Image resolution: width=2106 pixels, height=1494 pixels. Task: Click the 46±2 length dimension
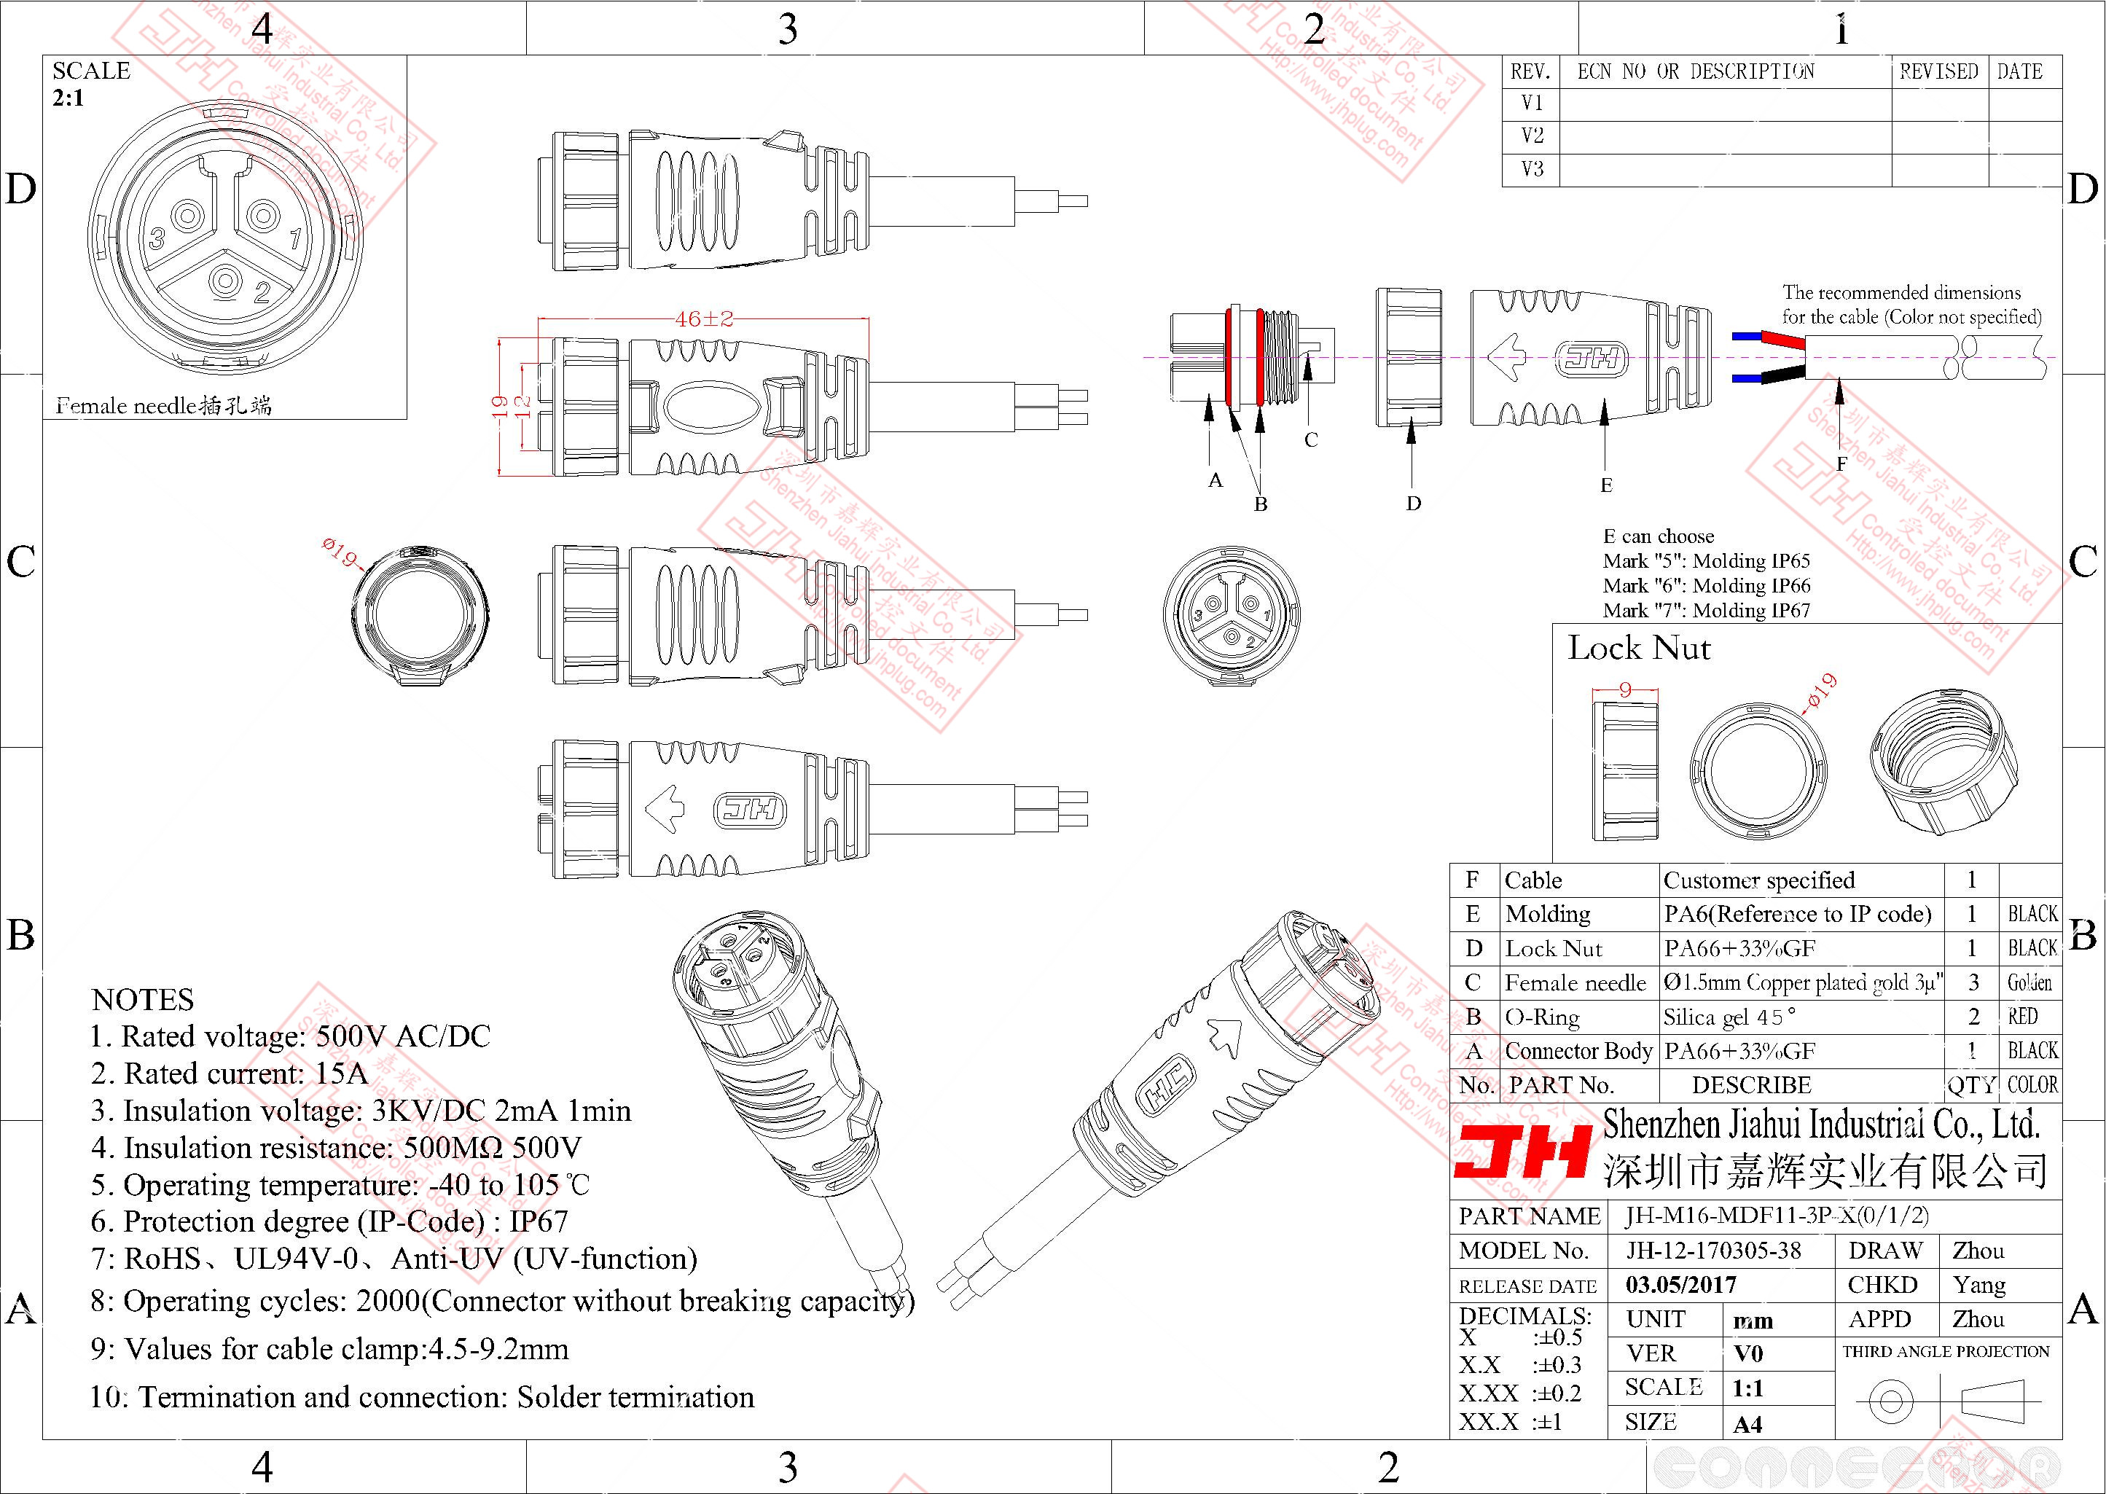click(703, 319)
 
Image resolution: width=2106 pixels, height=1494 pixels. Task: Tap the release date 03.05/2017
click(1680, 1284)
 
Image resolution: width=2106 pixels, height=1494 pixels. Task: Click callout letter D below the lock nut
click(1414, 503)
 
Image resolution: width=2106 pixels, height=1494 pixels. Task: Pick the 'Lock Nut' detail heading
click(1639, 649)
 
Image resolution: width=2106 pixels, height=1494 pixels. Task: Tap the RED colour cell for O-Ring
click(2022, 1017)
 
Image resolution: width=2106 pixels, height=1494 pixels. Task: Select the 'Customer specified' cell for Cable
click(1758, 880)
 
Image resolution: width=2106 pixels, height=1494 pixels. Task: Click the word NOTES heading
click(143, 999)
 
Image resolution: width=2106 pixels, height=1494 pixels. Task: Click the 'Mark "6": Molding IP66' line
click(1706, 585)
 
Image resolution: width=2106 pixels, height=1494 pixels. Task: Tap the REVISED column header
click(1938, 71)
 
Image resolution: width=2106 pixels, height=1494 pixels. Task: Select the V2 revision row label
click(1532, 136)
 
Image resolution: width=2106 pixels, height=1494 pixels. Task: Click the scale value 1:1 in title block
click(1748, 1388)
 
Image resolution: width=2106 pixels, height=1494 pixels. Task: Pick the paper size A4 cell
click(1747, 1424)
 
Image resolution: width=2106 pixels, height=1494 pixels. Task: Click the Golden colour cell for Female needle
click(2029, 982)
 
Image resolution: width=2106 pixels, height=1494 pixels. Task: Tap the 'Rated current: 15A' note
click(230, 1073)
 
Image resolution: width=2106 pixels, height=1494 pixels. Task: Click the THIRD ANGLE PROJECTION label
click(1946, 1351)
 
